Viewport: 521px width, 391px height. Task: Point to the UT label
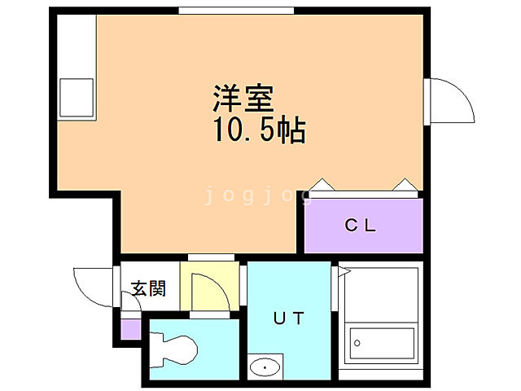[288, 319]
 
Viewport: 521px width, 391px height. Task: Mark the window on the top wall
[236, 11]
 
